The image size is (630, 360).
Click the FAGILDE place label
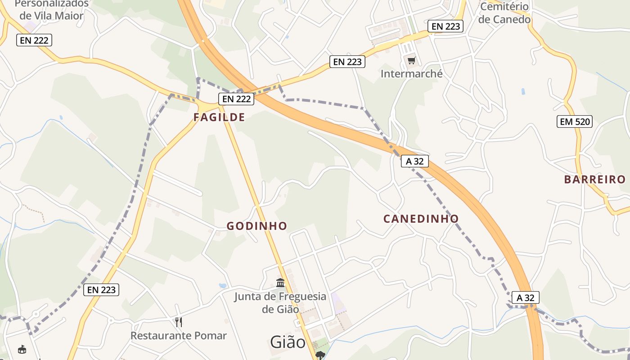(x=219, y=117)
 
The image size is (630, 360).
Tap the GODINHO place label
(x=256, y=226)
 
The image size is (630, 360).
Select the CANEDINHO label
(x=421, y=219)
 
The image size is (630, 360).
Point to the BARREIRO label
(x=594, y=180)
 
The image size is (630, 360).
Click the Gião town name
(x=288, y=342)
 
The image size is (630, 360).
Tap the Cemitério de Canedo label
(x=504, y=13)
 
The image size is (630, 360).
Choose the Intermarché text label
(x=411, y=73)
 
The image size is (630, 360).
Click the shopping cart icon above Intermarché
(x=411, y=60)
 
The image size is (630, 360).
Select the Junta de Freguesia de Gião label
(x=280, y=302)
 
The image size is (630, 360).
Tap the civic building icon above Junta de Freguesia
(x=280, y=283)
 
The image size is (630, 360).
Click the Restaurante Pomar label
(x=179, y=336)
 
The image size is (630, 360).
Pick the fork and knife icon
(x=179, y=322)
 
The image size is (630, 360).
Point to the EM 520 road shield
(x=574, y=121)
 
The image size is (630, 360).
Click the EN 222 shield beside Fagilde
(x=236, y=99)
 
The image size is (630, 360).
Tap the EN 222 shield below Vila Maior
(x=35, y=40)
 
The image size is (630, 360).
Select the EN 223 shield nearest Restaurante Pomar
(x=101, y=290)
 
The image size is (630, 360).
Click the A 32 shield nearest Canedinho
(x=414, y=161)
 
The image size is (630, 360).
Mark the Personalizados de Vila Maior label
(x=51, y=9)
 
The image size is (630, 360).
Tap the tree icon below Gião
(x=320, y=355)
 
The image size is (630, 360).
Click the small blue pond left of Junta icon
(x=222, y=285)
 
